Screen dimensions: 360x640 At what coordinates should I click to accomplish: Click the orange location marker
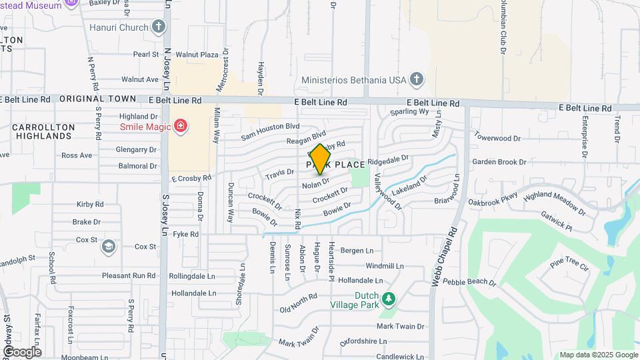point(321,159)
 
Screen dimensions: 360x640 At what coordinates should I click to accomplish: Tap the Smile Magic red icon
point(179,125)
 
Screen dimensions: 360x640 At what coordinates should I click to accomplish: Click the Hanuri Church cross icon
point(158,27)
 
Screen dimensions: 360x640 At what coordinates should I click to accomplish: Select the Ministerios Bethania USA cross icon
point(417,80)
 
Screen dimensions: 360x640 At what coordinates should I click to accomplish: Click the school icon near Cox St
point(107,247)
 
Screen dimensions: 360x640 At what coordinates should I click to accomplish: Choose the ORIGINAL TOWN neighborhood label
point(97,99)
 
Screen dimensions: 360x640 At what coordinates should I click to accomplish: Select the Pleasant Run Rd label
point(129,275)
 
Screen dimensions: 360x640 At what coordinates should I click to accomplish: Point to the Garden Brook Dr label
point(499,162)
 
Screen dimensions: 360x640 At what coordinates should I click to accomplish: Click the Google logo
point(22,351)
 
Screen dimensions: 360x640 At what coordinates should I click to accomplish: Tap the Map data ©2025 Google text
point(599,355)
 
